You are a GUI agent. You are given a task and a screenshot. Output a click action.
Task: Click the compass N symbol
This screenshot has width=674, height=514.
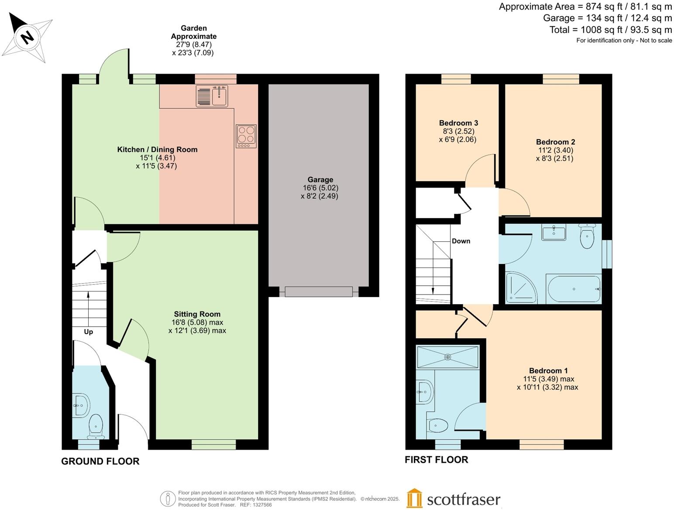click(27, 37)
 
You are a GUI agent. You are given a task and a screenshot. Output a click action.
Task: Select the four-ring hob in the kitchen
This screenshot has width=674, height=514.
click(246, 136)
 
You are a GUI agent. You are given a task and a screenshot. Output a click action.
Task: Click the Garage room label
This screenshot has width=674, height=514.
click(320, 179)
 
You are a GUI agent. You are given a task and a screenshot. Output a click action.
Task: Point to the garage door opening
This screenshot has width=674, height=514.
click(318, 291)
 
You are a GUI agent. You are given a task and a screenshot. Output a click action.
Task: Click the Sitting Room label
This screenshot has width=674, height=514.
click(197, 314)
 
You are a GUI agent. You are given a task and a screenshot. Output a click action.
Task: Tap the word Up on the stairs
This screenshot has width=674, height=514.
click(88, 332)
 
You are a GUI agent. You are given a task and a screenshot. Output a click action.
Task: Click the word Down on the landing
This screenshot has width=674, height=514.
click(461, 241)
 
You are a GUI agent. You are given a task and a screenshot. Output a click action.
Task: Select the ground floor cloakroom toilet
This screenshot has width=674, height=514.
click(96, 426)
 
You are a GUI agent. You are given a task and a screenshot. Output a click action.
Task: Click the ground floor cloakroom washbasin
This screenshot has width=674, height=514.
click(81, 405)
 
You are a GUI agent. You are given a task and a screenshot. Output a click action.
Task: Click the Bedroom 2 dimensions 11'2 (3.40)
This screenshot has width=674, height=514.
click(555, 150)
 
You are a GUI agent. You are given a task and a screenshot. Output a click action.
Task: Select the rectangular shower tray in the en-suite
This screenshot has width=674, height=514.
click(447, 357)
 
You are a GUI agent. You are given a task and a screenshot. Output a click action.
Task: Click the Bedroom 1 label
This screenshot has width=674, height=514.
click(548, 370)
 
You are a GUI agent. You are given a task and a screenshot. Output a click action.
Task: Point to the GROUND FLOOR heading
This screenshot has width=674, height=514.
click(100, 461)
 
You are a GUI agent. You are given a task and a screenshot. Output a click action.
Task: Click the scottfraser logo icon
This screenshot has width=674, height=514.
click(414, 498)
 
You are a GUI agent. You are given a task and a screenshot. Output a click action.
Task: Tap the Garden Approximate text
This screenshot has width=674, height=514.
click(193, 32)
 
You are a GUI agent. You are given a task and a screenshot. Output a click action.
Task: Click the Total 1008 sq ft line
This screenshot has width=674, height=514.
click(610, 30)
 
